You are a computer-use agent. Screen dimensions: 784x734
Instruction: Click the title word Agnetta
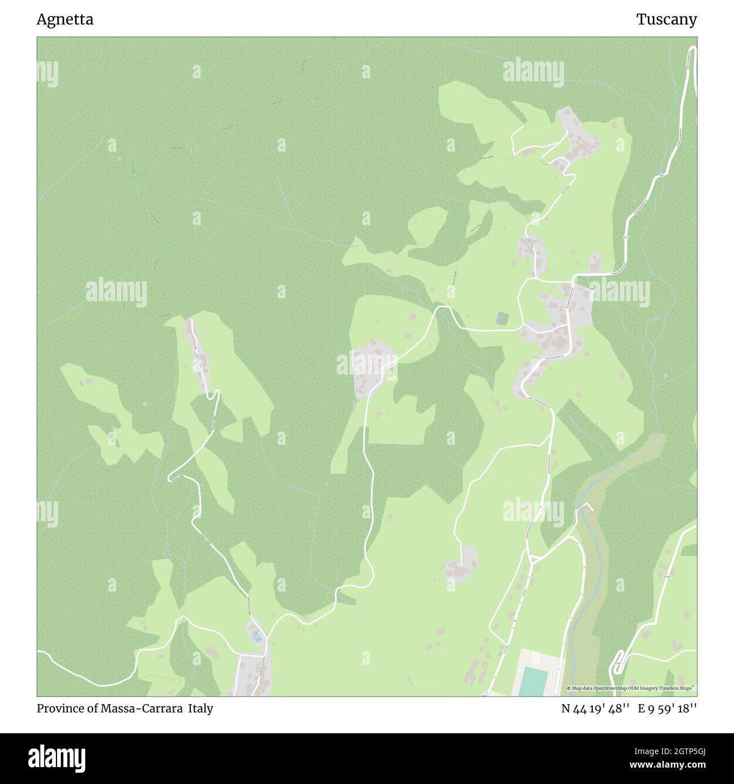tap(65, 20)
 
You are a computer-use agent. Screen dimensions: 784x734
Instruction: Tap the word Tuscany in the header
tap(666, 20)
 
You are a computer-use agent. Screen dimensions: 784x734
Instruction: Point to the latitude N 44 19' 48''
tap(596, 708)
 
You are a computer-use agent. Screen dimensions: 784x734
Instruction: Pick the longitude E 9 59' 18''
tap(667, 708)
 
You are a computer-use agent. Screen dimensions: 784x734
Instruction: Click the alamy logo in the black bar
tap(56, 758)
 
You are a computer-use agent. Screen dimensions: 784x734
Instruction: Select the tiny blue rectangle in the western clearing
tap(82, 384)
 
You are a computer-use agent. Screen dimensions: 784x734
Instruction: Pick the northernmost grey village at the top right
tap(576, 138)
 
